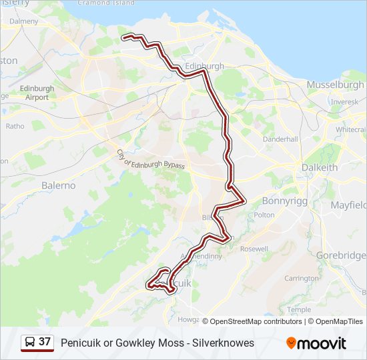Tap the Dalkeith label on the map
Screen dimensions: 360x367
point(319,167)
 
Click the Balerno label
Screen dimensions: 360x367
point(59,185)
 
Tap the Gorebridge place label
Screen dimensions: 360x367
point(341,255)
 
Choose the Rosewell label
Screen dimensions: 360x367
point(254,249)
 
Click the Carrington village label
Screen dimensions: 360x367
point(301,278)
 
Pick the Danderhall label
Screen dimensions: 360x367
point(280,139)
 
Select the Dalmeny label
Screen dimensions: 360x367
point(24,21)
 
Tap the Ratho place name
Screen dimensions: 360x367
point(15,125)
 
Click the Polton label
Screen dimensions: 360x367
point(264,215)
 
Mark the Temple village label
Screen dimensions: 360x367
point(299,309)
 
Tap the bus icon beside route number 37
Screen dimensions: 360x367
point(30,343)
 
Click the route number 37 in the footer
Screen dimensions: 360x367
point(45,342)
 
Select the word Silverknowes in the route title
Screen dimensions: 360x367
point(223,343)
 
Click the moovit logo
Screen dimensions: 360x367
point(316,343)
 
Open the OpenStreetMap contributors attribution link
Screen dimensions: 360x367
point(252,321)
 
